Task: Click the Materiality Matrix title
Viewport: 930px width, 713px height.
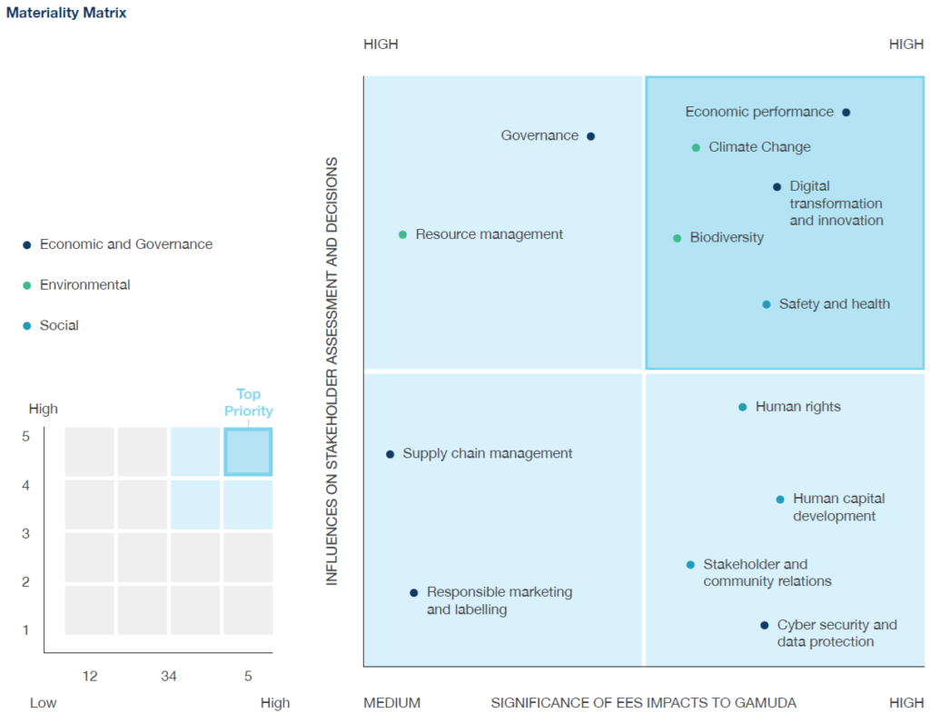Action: click(x=66, y=14)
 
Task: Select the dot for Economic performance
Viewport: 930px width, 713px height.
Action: click(x=846, y=113)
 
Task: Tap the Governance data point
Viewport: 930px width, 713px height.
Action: click(x=590, y=136)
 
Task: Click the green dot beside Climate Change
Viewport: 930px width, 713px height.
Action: click(x=696, y=147)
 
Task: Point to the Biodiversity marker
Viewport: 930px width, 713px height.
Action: click(x=677, y=238)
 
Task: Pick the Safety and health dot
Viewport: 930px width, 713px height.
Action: click(x=766, y=304)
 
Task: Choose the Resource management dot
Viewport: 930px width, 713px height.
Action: click(x=402, y=234)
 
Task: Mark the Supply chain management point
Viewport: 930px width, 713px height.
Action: click(x=390, y=454)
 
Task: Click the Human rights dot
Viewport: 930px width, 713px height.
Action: click(x=742, y=407)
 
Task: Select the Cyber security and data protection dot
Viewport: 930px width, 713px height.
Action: click(x=764, y=625)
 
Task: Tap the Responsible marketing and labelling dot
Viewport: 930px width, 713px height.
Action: click(x=413, y=592)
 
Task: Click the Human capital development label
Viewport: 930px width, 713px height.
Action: click(x=838, y=508)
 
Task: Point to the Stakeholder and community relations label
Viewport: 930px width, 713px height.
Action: click(x=767, y=573)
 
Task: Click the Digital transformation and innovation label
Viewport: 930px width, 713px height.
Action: click(x=836, y=203)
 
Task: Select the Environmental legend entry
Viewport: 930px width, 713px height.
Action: click(x=84, y=285)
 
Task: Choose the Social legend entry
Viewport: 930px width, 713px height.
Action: click(x=59, y=326)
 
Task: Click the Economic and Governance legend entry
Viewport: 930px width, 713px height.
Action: click(x=125, y=244)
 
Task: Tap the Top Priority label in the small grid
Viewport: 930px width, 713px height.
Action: click(x=248, y=402)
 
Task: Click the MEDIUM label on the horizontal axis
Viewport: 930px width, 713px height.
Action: click(x=391, y=703)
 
